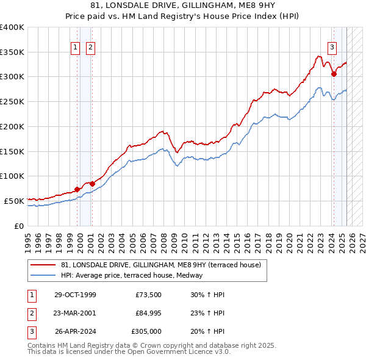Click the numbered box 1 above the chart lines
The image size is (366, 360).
click(75, 47)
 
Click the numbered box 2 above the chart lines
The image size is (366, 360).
click(90, 47)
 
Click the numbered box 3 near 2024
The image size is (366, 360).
click(332, 47)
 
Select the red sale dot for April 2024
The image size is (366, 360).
click(334, 74)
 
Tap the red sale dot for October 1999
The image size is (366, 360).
click(77, 189)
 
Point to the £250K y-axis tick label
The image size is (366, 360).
click(12, 101)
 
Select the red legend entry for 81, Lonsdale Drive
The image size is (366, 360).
click(161, 265)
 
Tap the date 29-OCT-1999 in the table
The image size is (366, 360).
click(75, 295)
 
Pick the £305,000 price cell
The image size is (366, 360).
click(146, 331)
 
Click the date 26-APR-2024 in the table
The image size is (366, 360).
click(75, 331)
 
